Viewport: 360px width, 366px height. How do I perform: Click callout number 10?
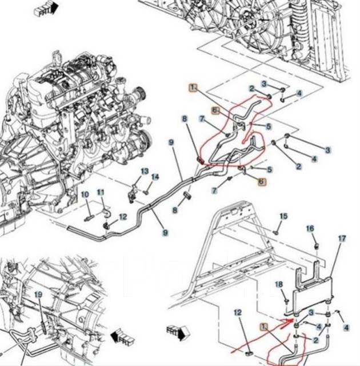coord(85,195)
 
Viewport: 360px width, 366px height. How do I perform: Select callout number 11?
coord(101,192)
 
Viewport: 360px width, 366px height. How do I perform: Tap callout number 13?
coord(144,172)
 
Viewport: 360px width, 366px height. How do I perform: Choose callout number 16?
coord(310,228)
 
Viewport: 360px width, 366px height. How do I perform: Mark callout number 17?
coord(342,238)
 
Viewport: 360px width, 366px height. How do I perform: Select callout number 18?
coord(279,284)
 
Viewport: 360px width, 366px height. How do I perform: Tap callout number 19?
coord(38,295)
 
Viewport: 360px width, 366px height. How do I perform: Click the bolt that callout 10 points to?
coord(89,218)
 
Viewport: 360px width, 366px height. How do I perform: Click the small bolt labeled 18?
coord(285,300)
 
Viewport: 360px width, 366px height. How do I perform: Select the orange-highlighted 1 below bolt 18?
coord(264,327)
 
